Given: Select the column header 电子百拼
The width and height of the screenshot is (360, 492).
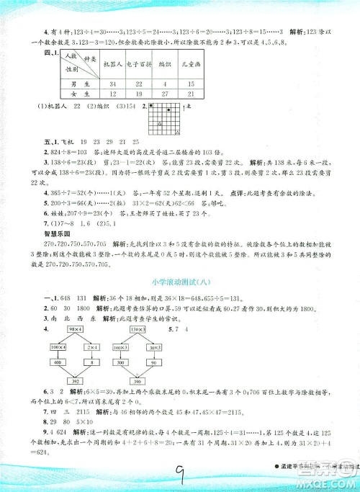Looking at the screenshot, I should (x=141, y=64).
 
